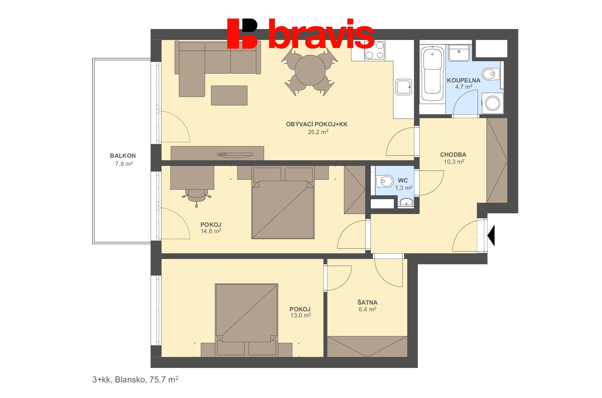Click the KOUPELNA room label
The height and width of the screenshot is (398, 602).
click(463, 80)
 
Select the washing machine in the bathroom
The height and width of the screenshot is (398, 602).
click(492, 103)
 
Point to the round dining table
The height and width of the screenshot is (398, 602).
click(310, 70)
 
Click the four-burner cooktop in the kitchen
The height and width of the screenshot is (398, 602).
click(375, 50)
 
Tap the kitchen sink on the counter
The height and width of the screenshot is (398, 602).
click(403, 87)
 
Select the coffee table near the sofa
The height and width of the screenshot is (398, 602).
click(229, 96)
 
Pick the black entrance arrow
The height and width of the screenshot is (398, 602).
click(492, 235)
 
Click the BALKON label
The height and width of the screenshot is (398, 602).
click(123, 156)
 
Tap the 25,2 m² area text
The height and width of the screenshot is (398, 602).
click(318, 132)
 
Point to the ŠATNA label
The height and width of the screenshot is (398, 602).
click(367, 302)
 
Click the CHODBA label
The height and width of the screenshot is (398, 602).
click(453, 155)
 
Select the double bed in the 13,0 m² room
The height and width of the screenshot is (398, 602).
click(246, 313)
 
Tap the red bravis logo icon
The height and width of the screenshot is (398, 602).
click(242, 33)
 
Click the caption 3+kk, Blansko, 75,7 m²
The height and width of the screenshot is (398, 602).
click(135, 380)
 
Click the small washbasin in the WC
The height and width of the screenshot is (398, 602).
click(406, 202)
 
